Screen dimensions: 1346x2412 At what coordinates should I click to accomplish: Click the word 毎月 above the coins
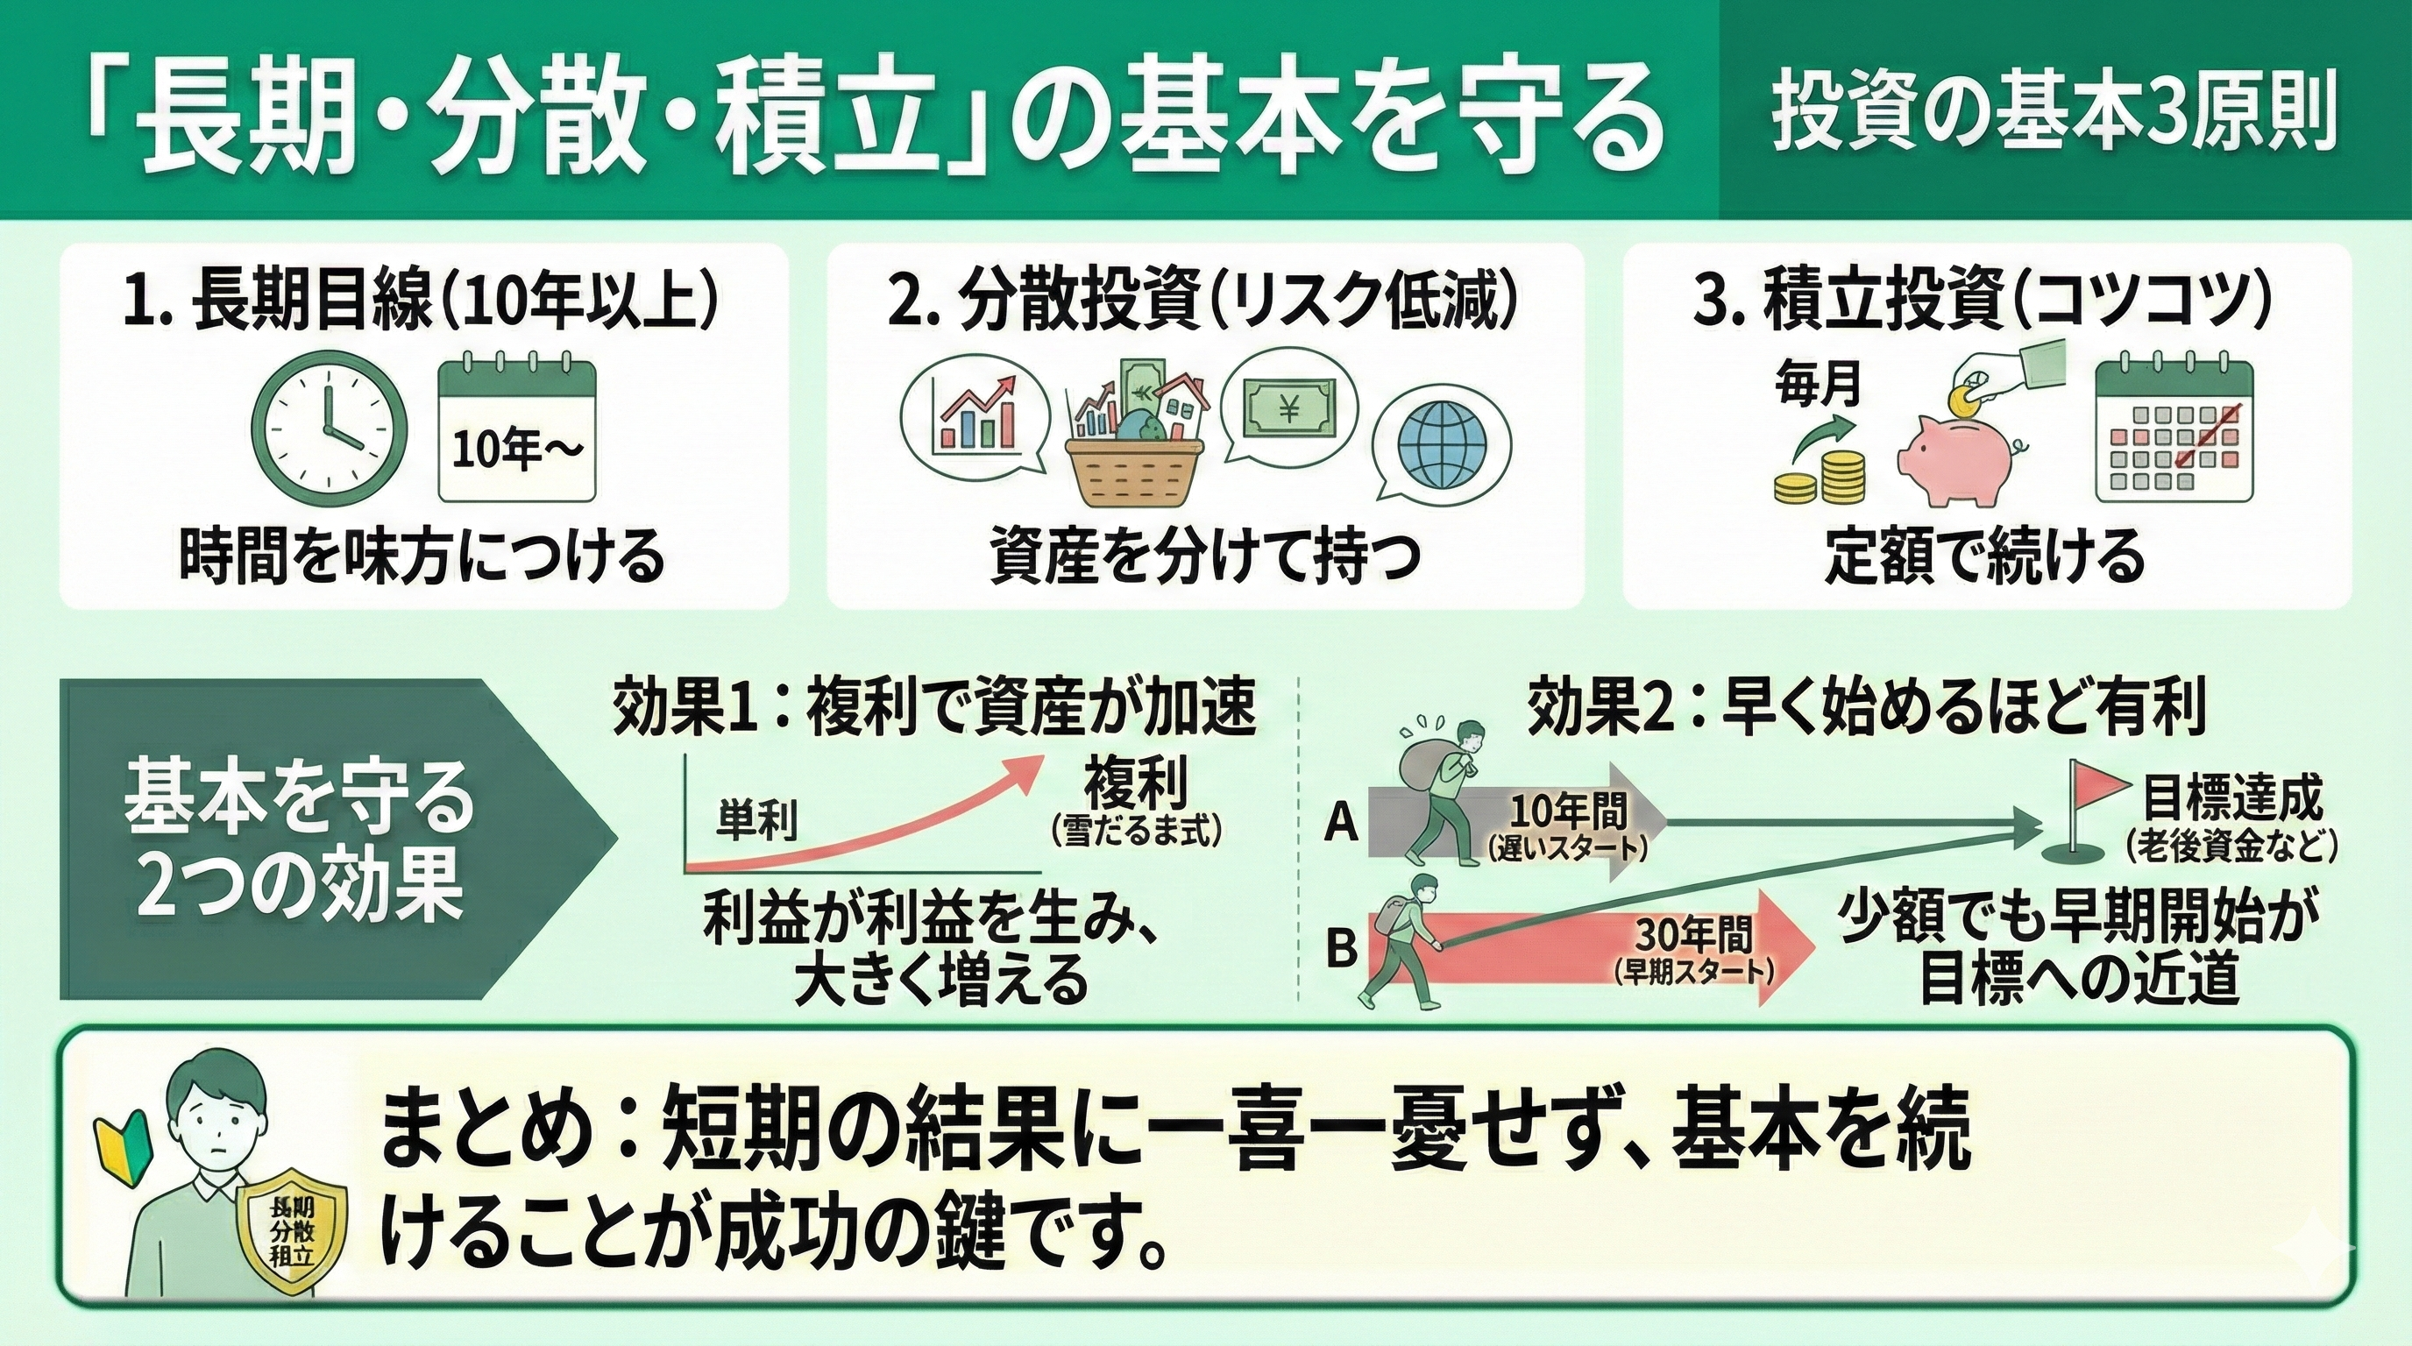point(1818,385)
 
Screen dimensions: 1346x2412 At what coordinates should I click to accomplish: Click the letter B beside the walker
point(1341,950)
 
